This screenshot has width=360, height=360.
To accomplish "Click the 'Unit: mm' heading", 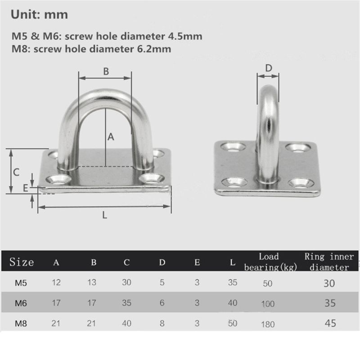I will (39, 14).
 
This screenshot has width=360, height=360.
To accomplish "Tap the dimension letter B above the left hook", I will (106, 71).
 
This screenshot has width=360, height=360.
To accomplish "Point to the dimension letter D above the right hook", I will (268, 68).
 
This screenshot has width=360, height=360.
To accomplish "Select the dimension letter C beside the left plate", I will (16, 171).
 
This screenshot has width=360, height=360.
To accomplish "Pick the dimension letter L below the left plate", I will (104, 215).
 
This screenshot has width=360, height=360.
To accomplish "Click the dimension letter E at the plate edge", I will (26, 187).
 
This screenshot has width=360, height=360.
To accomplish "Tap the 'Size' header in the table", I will (22, 262).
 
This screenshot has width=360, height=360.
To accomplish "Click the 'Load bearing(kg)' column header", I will (268, 262).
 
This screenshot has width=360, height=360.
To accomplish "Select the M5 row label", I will (21, 283).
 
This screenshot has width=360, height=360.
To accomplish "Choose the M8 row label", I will (21, 323).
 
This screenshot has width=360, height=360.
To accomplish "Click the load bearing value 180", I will (267, 324).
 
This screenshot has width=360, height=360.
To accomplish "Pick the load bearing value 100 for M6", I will (267, 304).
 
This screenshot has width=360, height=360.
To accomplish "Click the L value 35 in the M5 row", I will (232, 283).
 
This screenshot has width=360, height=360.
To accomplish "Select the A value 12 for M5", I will (57, 283).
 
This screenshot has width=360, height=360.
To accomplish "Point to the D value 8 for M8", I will (162, 323).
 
